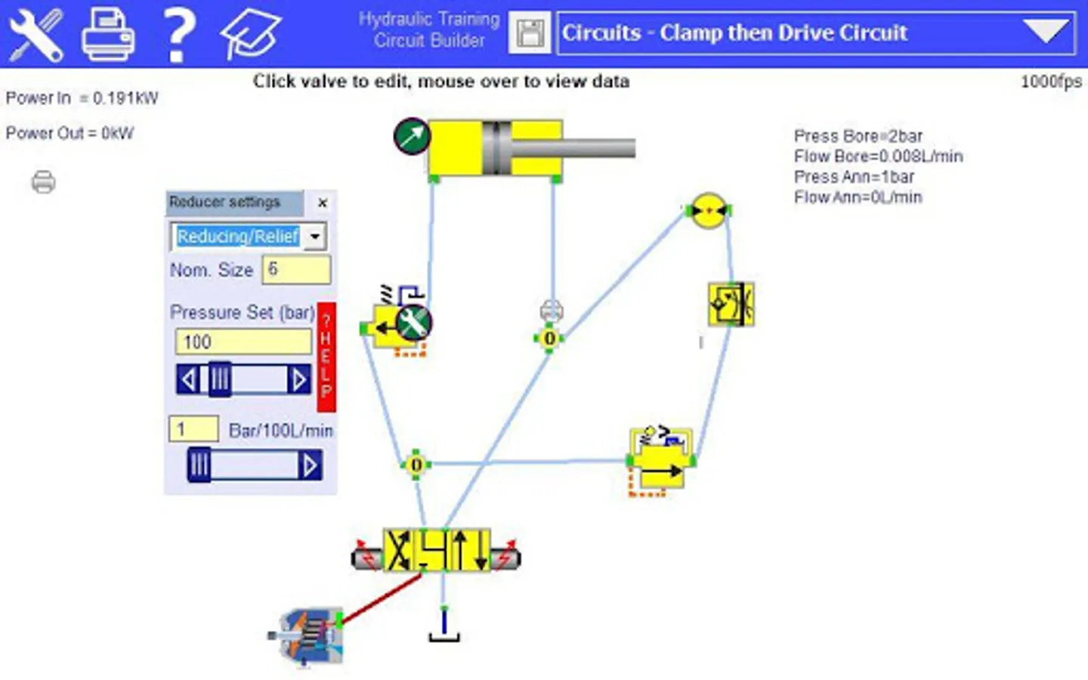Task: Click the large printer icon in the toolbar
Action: tap(108, 34)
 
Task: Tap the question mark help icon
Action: tap(179, 35)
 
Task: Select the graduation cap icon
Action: tap(250, 34)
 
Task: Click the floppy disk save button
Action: tap(530, 33)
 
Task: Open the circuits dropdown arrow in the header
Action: tap(1046, 31)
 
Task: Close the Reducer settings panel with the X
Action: tap(322, 203)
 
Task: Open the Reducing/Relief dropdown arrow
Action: tap(315, 236)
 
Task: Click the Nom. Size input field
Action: tap(296, 270)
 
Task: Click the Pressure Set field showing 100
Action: tap(243, 342)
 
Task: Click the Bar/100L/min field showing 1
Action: tap(193, 429)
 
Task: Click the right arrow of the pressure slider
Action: tap(298, 379)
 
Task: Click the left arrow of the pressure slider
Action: tap(188, 379)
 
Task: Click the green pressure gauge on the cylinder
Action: tap(412, 137)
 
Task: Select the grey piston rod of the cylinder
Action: tap(573, 148)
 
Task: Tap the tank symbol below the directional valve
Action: tap(444, 626)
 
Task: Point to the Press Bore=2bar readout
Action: tap(858, 136)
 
